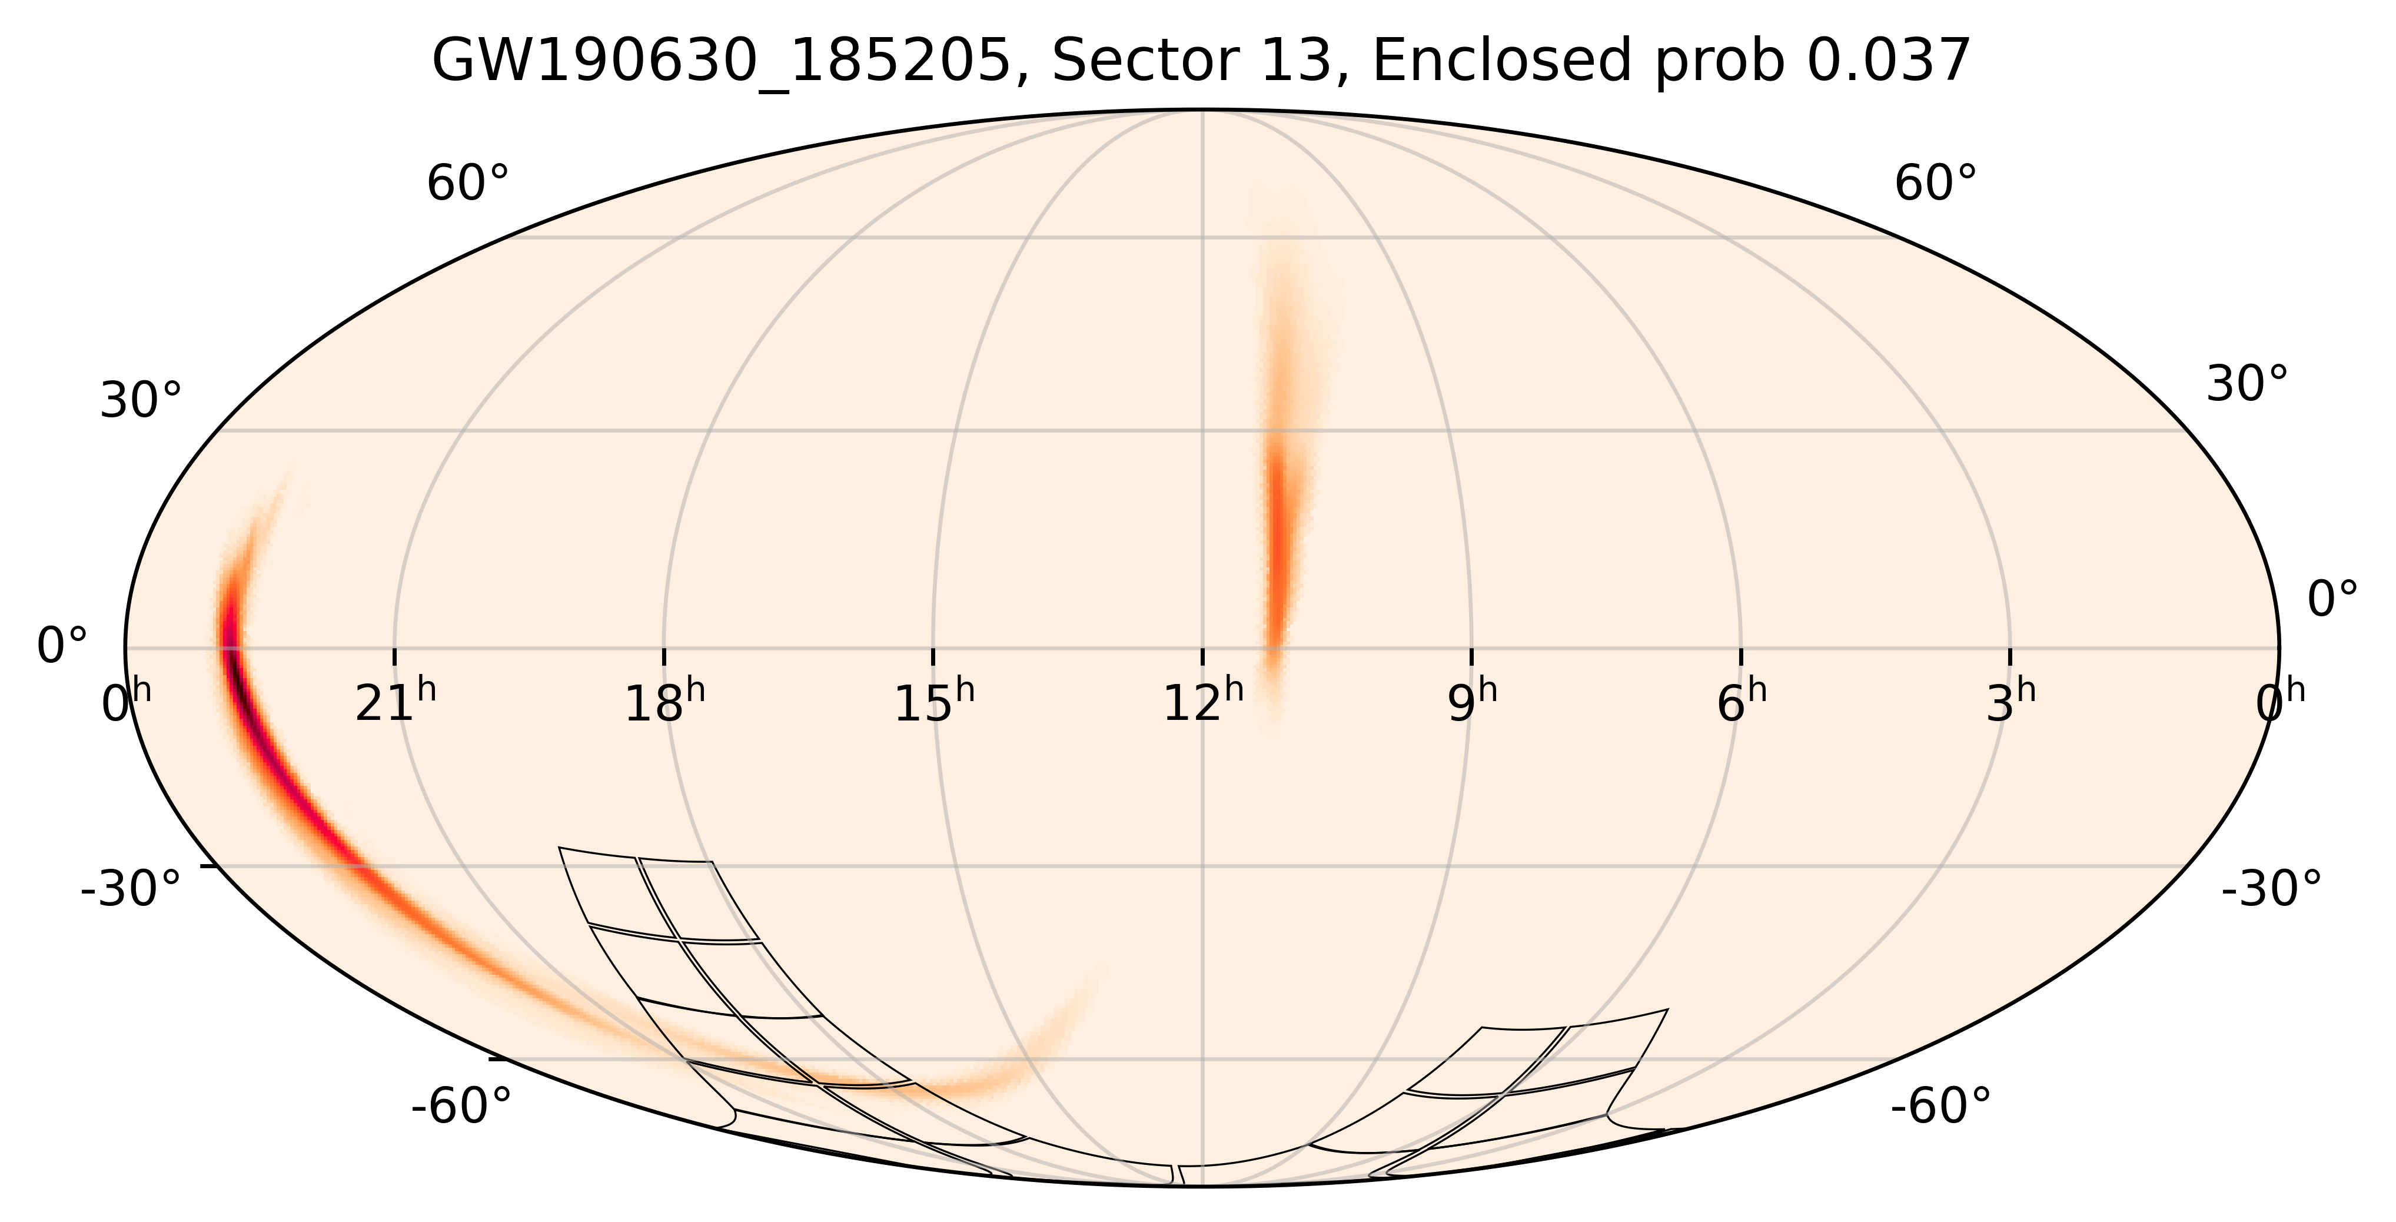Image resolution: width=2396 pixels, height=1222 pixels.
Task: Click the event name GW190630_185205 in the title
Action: [x=722, y=62]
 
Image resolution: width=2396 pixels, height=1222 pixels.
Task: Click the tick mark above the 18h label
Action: [x=664, y=656]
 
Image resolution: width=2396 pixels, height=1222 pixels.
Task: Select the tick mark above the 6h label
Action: [x=1741, y=656]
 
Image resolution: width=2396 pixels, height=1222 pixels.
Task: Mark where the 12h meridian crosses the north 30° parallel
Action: [x=1202, y=430]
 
